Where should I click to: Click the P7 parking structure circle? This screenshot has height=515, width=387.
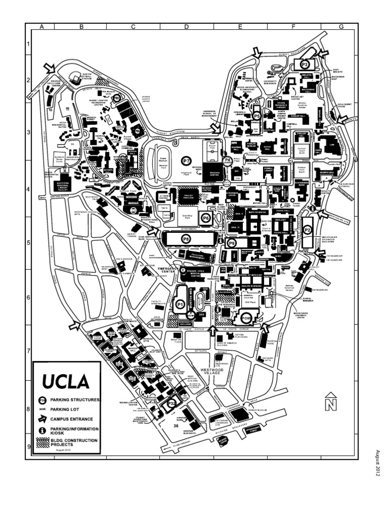pyautogui.click(x=187, y=161)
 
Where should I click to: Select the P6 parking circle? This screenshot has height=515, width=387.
pyautogui.click(x=205, y=218)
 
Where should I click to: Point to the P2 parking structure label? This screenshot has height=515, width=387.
pyautogui.click(x=308, y=229)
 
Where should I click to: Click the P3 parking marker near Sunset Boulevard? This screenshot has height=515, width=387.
pyautogui.click(x=304, y=64)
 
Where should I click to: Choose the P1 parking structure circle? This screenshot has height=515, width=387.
pyautogui.click(x=180, y=304)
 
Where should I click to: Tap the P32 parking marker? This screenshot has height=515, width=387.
pyautogui.click(x=171, y=403)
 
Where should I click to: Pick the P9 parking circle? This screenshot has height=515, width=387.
pyautogui.click(x=232, y=243)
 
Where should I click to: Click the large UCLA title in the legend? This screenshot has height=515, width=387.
pyautogui.click(x=66, y=382)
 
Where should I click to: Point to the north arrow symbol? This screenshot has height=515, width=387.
pyautogui.click(x=330, y=400)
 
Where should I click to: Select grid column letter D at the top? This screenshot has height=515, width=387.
pyautogui.click(x=186, y=26)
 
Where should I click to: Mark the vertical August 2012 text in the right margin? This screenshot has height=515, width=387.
pyautogui.click(x=376, y=463)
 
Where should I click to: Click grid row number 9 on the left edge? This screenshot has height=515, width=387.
pyautogui.click(x=29, y=446)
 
